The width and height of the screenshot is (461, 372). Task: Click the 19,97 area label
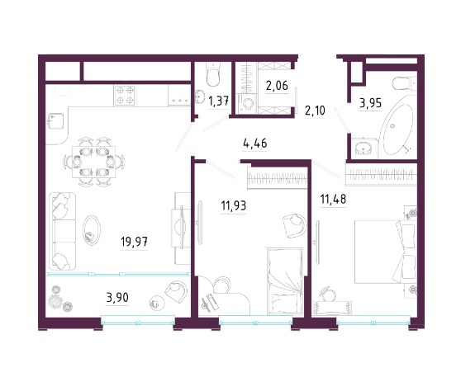pyautogui.click(x=134, y=242)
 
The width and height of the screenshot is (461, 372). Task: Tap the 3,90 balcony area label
pyautogui.click(x=117, y=298)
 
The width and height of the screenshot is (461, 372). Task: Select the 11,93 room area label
pyautogui.click(x=234, y=206)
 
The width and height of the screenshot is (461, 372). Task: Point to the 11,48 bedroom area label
pyautogui.click(x=333, y=200)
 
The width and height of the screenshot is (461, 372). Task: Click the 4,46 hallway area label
pyautogui.click(x=255, y=144)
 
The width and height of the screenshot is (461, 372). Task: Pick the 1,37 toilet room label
pyautogui.click(x=218, y=101)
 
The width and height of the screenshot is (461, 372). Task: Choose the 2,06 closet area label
pyautogui.click(x=277, y=86)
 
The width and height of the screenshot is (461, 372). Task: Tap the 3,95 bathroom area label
pyautogui.click(x=370, y=103)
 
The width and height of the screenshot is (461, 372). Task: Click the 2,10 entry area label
pyautogui.click(x=315, y=111)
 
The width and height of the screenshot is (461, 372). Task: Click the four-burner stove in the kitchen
pyautogui.click(x=125, y=96)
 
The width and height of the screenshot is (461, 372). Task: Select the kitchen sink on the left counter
pyautogui.click(x=56, y=121)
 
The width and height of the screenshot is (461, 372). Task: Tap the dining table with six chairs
pyautogui.click(x=94, y=162)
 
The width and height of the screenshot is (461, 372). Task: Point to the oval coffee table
pyautogui.click(x=92, y=230)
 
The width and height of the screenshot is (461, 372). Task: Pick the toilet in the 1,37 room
pyautogui.click(x=212, y=74)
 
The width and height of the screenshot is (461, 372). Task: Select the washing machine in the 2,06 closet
pyautogui.click(x=248, y=104)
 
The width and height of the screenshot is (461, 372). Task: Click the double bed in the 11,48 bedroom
pyautogui.click(x=385, y=252)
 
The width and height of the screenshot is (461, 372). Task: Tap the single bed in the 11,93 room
pyautogui.click(x=285, y=281)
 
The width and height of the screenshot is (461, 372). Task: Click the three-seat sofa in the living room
pyautogui.click(x=62, y=231)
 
